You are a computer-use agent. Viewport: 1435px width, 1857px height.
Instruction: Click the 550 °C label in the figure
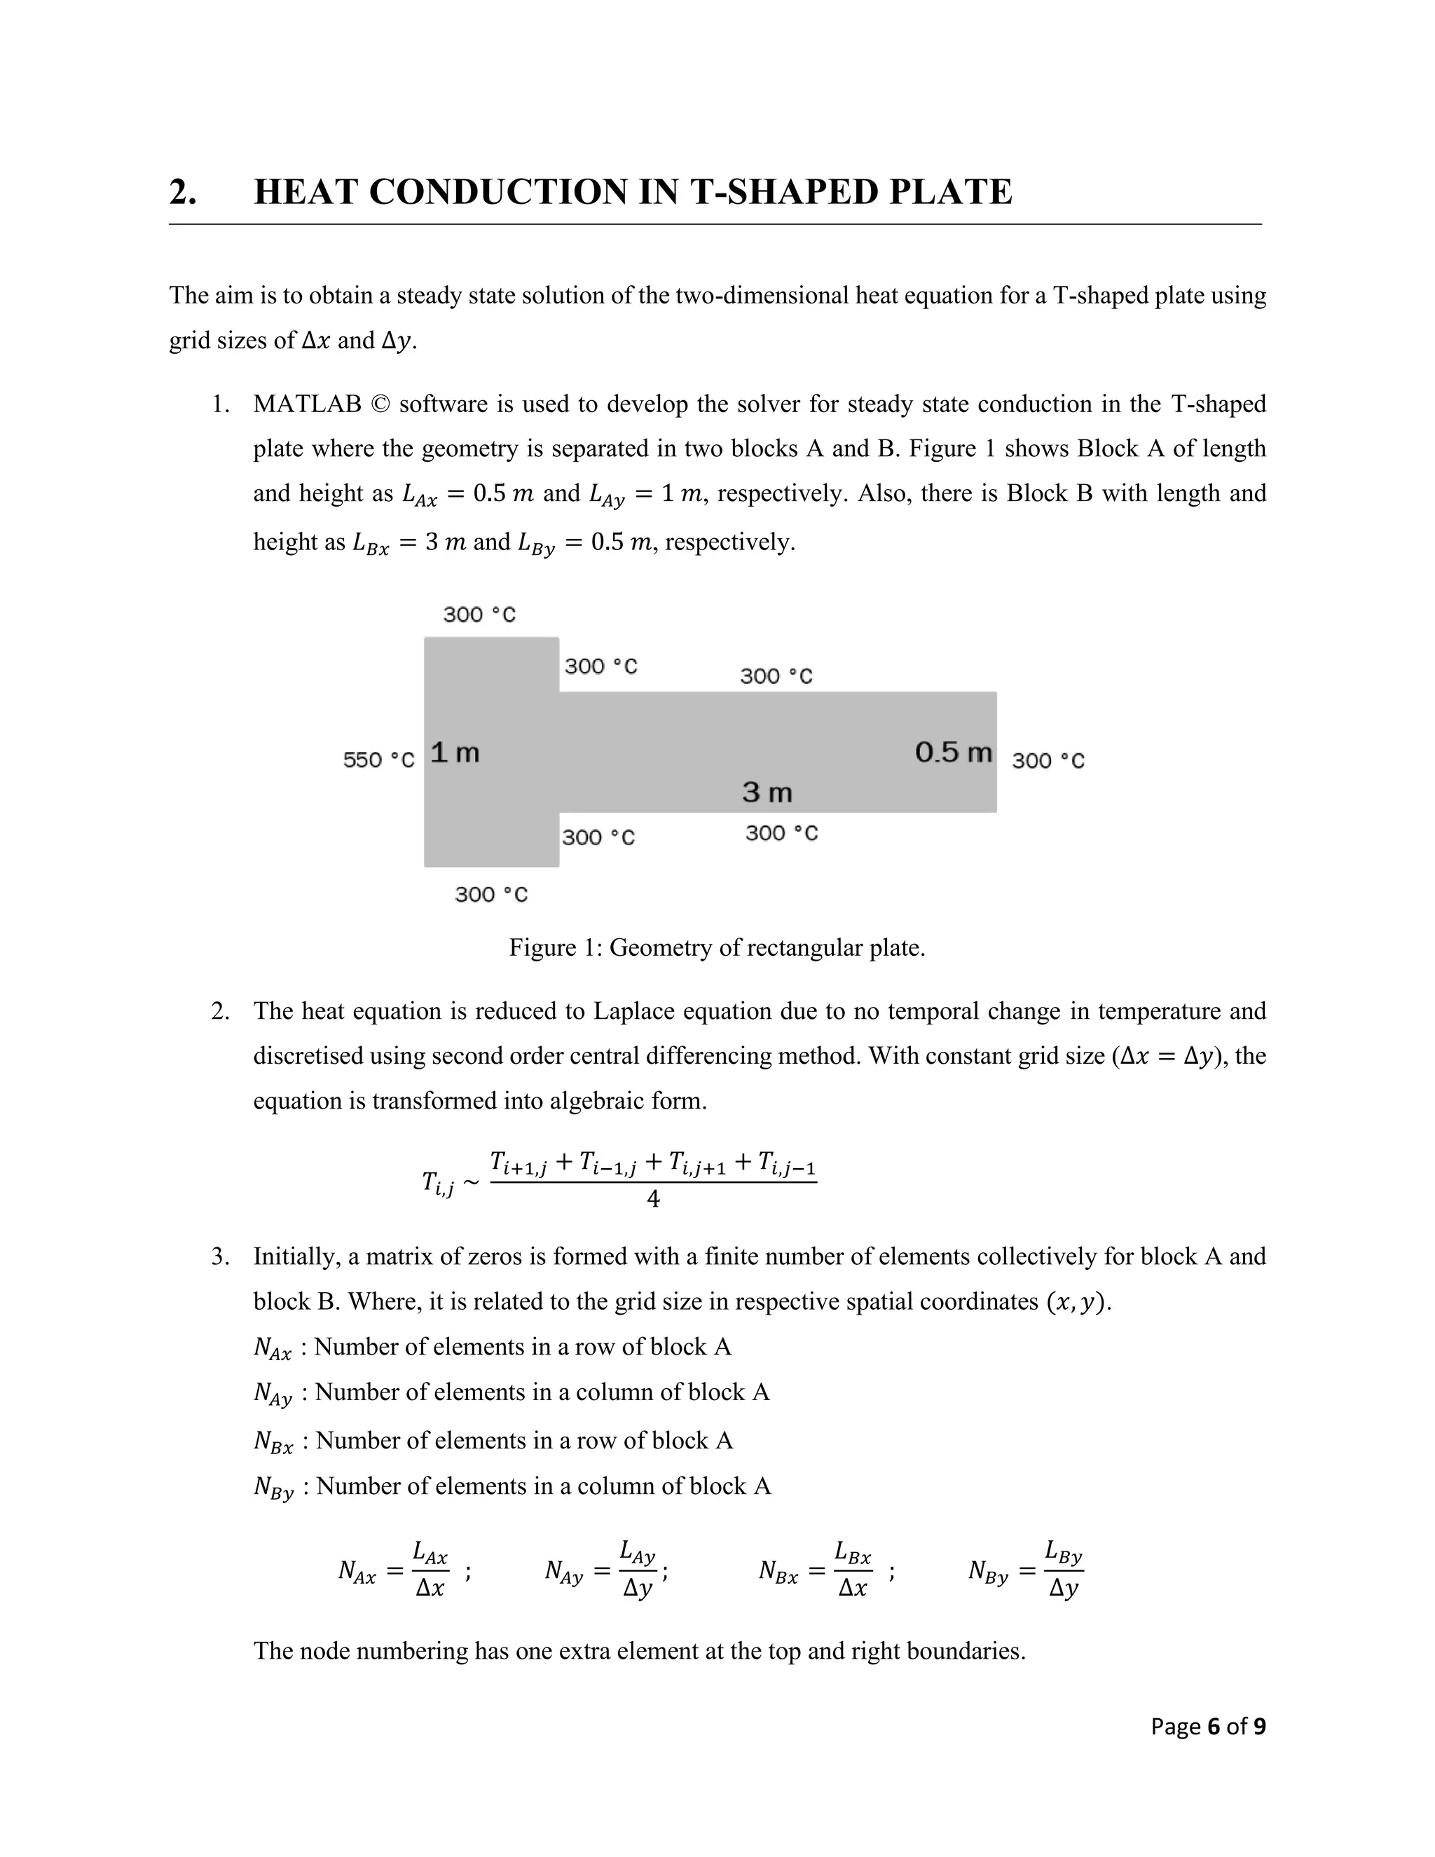click(x=378, y=760)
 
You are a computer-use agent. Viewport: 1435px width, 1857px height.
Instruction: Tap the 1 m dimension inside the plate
click(x=455, y=753)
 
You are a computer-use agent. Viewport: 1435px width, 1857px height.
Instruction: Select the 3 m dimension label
click(x=767, y=793)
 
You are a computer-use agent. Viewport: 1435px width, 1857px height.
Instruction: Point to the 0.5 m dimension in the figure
click(x=953, y=753)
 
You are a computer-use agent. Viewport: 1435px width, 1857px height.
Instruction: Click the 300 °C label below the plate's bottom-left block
click(x=490, y=894)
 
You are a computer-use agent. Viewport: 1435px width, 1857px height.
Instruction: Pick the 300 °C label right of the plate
click(x=1048, y=760)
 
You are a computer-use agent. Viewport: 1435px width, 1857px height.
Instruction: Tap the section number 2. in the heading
click(x=182, y=192)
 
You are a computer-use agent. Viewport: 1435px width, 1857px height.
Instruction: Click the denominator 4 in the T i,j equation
click(x=653, y=1200)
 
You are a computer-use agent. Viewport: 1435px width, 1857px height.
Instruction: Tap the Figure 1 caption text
click(x=717, y=947)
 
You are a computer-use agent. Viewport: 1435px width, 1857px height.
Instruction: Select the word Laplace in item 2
click(x=634, y=1011)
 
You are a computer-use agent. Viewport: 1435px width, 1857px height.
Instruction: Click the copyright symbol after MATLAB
click(x=380, y=404)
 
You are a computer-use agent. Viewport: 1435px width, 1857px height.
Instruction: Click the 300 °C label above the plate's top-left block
click(x=479, y=615)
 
